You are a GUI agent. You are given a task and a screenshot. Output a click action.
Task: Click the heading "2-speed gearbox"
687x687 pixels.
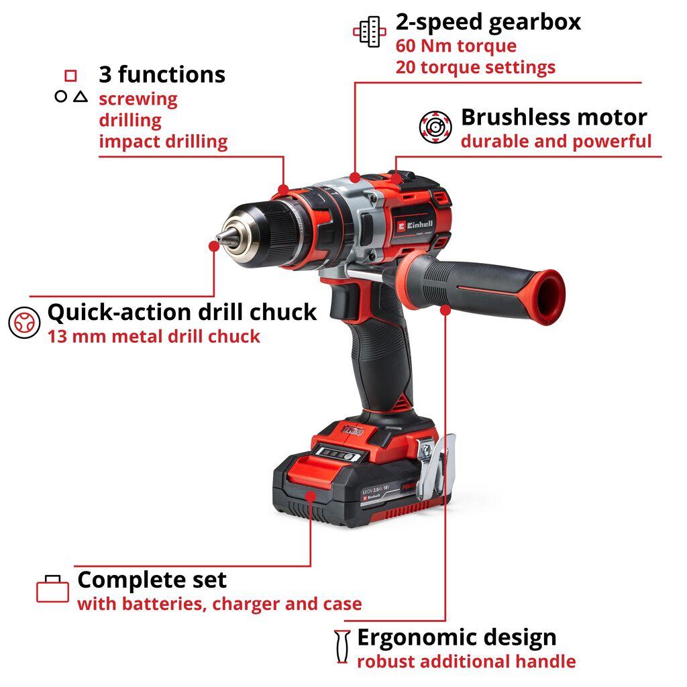click(488, 22)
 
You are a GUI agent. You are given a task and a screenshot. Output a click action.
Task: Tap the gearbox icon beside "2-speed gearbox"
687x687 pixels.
click(370, 32)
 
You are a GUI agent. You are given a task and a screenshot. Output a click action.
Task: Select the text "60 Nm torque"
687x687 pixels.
click(456, 46)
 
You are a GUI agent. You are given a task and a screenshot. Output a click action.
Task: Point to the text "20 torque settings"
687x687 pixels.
click(475, 67)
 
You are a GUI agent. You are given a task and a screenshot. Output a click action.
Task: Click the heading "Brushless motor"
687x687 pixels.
click(553, 117)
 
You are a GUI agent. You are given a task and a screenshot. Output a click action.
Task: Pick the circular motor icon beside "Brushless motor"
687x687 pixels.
click(436, 127)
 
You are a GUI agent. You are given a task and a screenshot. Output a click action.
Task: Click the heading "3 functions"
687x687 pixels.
click(162, 74)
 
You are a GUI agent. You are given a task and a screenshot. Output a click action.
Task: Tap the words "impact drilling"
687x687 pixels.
click(163, 142)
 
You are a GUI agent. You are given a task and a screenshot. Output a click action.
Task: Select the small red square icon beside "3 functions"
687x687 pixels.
click(70, 75)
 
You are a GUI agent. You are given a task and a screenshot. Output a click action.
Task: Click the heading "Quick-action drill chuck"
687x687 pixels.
click(181, 312)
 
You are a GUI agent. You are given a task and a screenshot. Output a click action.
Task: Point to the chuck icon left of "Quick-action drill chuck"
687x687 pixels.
click(23, 323)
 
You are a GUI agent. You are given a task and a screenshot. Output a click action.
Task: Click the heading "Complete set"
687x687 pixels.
click(152, 580)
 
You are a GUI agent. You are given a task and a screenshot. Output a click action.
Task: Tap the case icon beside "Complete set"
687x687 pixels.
click(52, 590)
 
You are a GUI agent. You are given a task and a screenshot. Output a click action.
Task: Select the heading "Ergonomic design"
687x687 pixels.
click(456, 637)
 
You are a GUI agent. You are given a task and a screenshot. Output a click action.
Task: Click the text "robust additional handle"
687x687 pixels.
click(466, 662)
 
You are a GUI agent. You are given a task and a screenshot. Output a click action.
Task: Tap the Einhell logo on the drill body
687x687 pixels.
click(415, 225)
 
